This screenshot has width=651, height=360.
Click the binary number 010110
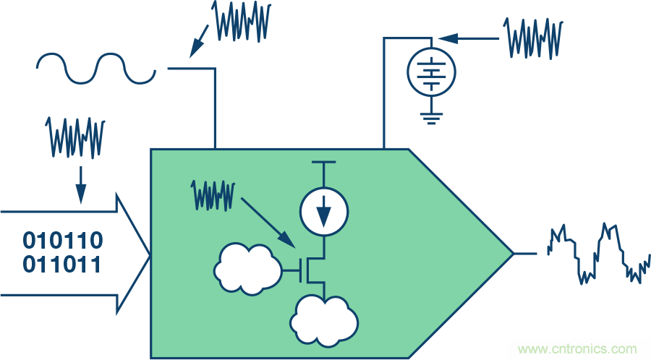[x=62, y=240]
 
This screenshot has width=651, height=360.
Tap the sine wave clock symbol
[x=96, y=68]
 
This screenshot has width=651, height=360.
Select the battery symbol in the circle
[x=431, y=73]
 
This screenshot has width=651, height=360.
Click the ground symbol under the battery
[x=431, y=116]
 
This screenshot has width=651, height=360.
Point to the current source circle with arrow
[x=323, y=210]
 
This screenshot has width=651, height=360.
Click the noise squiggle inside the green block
[x=213, y=195]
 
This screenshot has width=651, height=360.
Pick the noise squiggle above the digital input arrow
[x=75, y=136]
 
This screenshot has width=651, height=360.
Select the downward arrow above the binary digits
[x=80, y=184]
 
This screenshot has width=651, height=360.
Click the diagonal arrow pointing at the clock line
[x=201, y=41]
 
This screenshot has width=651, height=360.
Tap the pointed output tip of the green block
[x=511, y=253]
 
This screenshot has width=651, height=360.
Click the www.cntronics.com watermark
[x=577, y=348]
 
